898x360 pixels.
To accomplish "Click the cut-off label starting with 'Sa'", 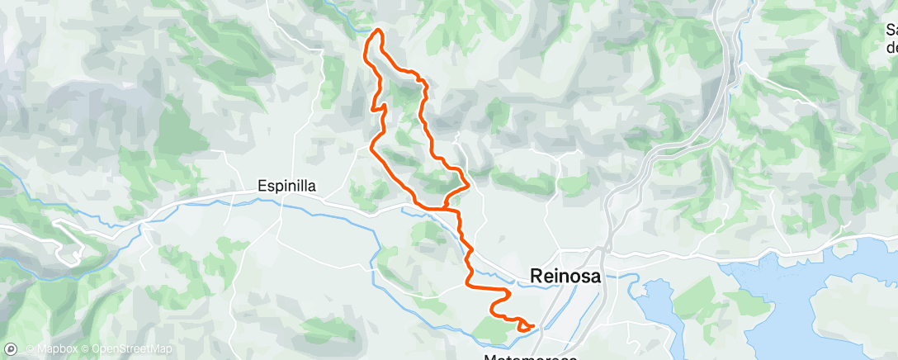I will (891, 30).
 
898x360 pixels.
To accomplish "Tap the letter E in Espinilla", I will (261, 187).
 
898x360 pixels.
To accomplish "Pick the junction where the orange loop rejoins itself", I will (447, 207).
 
